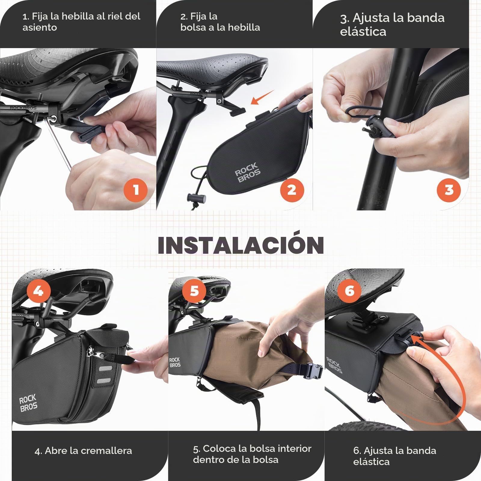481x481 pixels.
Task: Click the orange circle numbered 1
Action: [136, 190]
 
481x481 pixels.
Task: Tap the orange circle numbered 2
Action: [292, 190]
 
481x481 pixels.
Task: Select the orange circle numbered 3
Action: [449, 190]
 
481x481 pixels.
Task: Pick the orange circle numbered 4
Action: [38, 291]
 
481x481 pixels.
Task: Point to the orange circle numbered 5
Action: [194, 291]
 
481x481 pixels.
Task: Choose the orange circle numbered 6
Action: [350, 291]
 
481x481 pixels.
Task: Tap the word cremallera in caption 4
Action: [106, 451]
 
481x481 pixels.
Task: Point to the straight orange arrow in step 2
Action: [263, 97]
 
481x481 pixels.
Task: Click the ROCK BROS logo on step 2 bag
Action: [247, 173]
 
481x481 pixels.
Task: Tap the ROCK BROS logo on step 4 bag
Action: [28, 403]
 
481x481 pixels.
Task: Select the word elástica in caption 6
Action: [371, 462]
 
